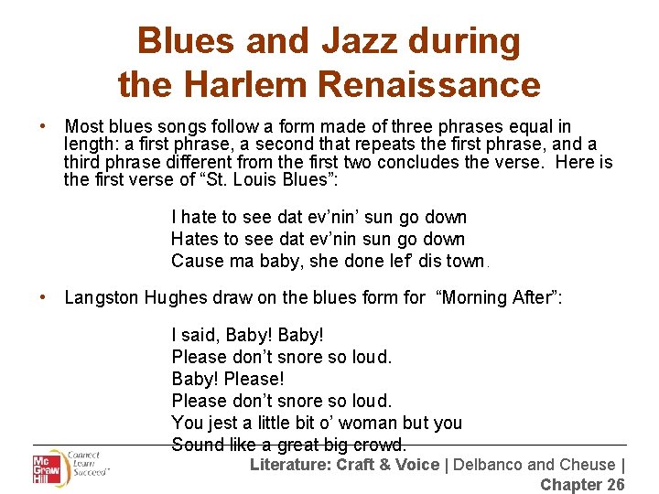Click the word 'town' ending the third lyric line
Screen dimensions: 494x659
click(x=465, y=261)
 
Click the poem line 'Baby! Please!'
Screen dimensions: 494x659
click(x=228, y=379)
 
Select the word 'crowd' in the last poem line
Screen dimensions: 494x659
click(x=378, y=446)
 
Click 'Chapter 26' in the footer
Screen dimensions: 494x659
click(x=582, y=485)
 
